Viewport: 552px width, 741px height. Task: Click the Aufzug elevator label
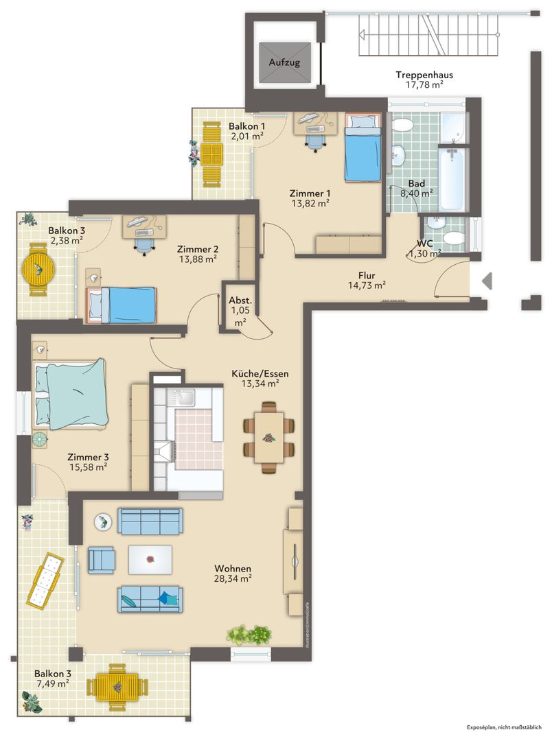284,62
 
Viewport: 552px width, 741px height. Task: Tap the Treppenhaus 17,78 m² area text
424,80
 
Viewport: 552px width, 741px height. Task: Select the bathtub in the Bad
452,178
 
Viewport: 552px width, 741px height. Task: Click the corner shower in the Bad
453,127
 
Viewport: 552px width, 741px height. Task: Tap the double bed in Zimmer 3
70,395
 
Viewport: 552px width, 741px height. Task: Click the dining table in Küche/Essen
269,437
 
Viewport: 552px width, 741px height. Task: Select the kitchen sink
183,397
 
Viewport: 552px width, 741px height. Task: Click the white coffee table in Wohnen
150,560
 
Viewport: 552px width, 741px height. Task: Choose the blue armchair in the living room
101,560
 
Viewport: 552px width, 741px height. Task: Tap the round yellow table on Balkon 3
38,270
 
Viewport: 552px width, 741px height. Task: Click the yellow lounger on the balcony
45,580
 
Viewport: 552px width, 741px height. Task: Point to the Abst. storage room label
240,301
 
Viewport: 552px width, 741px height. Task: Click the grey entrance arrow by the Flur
487,281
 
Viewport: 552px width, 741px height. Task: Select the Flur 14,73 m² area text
367,280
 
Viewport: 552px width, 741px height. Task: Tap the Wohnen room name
233,569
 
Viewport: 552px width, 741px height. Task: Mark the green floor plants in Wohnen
249,635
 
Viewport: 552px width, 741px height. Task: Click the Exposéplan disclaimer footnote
504,727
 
